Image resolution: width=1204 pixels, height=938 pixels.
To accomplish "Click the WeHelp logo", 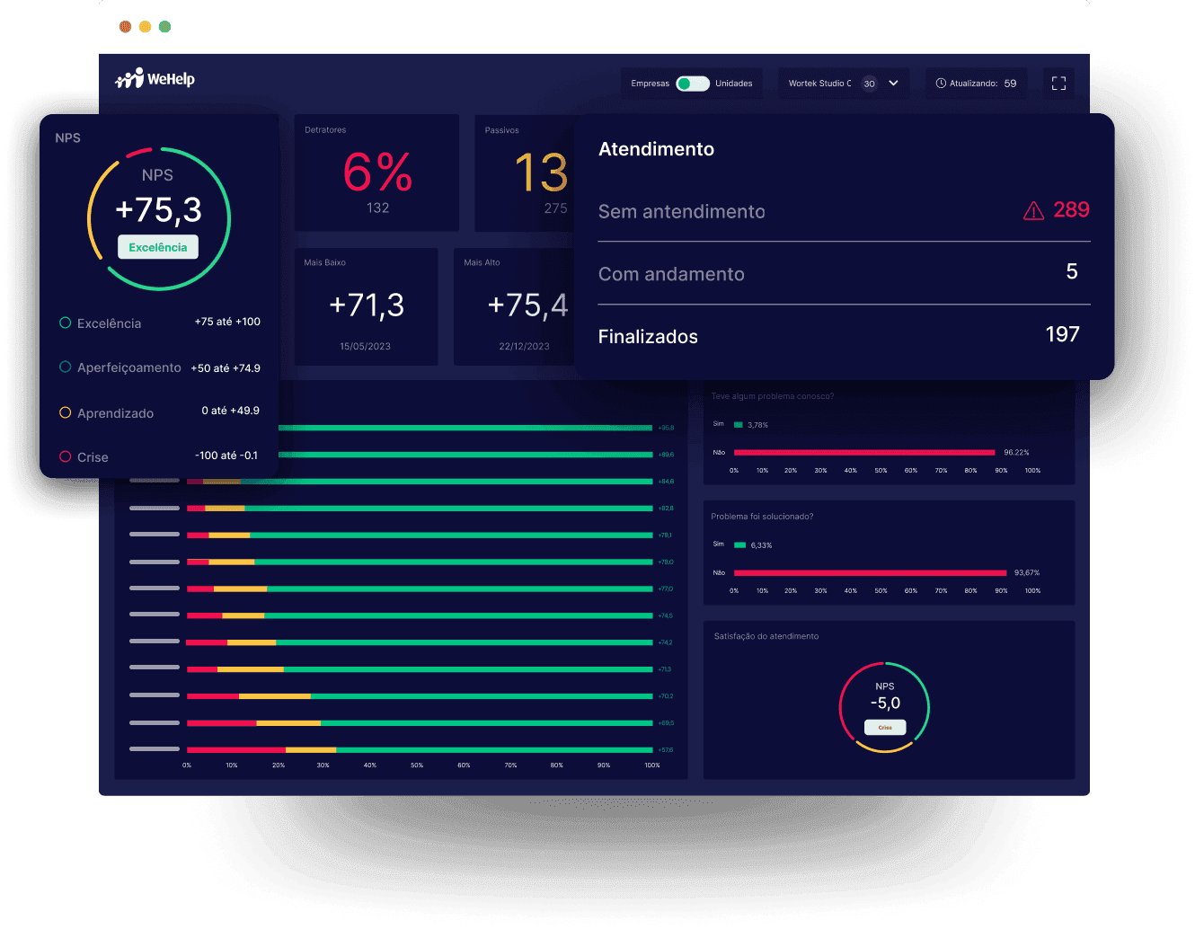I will pos(155,79).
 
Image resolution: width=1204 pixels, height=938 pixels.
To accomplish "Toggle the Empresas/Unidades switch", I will pos(692,84).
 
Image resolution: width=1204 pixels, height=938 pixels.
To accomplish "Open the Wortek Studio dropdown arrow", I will pos(893,84).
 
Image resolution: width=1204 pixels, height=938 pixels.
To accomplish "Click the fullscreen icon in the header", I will pos(1058,84).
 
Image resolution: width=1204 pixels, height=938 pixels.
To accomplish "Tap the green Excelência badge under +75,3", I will pos(158,247).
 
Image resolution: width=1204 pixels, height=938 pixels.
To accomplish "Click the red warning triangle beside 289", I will pos(1033,211).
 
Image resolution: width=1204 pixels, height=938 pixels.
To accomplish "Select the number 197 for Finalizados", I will pos(1062,334).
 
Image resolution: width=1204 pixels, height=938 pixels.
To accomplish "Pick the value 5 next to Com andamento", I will pos(1071,272).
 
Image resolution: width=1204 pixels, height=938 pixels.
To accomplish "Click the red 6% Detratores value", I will pos(377,173).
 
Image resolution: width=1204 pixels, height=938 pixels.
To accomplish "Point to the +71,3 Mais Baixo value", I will pos(367,305).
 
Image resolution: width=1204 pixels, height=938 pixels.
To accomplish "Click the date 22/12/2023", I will pos(524,347).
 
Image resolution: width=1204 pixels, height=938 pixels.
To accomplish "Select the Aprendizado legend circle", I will pos(66,413).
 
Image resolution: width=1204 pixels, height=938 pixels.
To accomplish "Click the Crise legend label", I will pos(93,457).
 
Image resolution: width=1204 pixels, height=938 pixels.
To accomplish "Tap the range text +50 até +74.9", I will pos(226,368).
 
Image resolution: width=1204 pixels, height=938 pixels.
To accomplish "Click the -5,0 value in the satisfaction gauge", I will pos(885,703).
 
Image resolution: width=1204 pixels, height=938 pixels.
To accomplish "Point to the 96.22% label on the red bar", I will pos(1016,453).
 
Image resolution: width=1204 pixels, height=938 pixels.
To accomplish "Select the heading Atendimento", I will pos(656,149).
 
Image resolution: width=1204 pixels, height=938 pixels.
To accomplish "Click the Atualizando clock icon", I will pos(941,84).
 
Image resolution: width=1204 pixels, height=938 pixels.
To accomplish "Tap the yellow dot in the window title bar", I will pos(145,27).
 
